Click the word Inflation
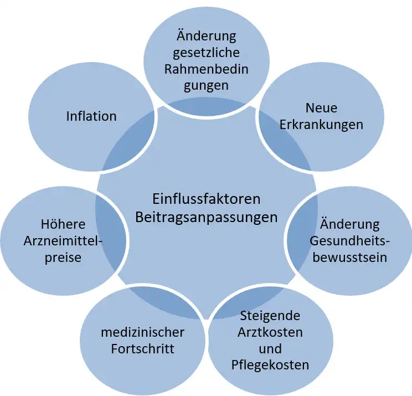coord(91,116)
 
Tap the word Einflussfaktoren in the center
coord(206,199)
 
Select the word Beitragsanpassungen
coord(206,218)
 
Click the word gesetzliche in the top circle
coord(206,53)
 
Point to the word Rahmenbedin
coord(206,69)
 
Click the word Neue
coord(321,108)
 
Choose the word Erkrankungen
coord(321,125)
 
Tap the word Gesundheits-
coord(349,240)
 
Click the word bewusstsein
coord(350,257)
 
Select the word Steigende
coord(270,316)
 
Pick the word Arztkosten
coord(270,332)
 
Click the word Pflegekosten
coord(270,366)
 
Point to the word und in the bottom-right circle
coord(270,349)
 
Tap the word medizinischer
coord(143,332)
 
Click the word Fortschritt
coord(143,349)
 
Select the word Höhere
coord(63,224)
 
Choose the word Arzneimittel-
coord(63,241)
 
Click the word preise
coord(63,258)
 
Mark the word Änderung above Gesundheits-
coord(350,224)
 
